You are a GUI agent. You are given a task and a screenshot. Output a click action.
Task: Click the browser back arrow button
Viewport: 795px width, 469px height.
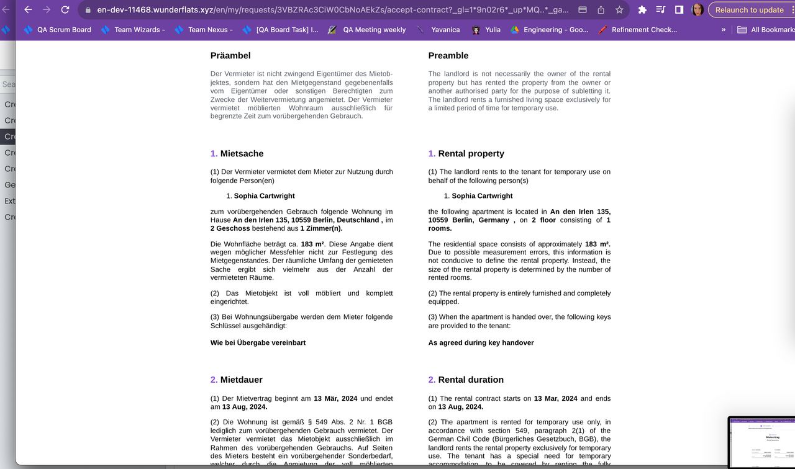pos(28,10)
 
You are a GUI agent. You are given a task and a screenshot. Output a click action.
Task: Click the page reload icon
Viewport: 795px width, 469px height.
pos(65,10)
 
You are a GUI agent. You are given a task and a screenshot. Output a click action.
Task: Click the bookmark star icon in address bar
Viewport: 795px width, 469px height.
pos(619,10)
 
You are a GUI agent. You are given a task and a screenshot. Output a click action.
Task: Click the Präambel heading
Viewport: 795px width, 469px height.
pos(230,56)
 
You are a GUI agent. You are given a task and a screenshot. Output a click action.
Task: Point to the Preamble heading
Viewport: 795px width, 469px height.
pos(448,56)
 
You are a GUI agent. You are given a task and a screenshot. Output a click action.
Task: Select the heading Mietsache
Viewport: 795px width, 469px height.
pos(242,154)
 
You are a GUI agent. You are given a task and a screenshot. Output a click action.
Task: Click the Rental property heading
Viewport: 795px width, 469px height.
pos(471,154)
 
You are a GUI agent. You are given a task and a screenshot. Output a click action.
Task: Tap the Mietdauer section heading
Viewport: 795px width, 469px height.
pos(241,380)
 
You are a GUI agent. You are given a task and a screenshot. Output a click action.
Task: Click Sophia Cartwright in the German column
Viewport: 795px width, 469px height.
pos(264,196)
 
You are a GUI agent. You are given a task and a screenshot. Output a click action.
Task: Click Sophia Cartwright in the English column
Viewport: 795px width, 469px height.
pos(482,196)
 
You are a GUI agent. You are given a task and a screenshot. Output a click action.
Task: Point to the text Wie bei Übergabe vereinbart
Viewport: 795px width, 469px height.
pos(258,343)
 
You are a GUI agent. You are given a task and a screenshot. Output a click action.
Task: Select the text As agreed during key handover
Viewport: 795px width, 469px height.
pos(481,343)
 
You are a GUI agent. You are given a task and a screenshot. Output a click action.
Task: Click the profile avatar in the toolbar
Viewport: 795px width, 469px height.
pos(697,10)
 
